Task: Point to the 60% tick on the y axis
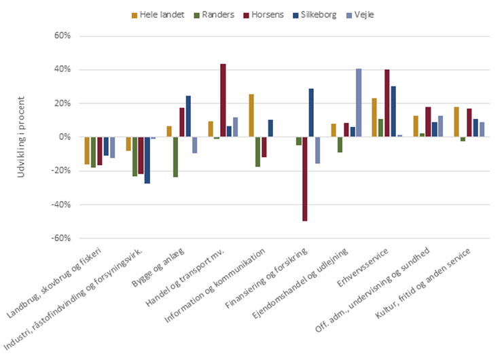pyautogui.click(x=62, y=36)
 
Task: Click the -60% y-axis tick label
pyautogui.click(x=60, y=238)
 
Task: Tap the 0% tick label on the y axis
pyautogui.click(x=65, y=137)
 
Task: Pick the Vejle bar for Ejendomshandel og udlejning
pyautogui.click(x=359, y=103)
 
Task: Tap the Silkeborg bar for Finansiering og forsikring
pyautogui.click(x=311, y=113)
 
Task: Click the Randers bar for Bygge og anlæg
pyautogui.click(x=175, y=157)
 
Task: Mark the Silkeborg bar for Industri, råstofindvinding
pyautogui.click(x=147, y=160)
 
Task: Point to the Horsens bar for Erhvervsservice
pyautogui.click(x=387, y=103)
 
